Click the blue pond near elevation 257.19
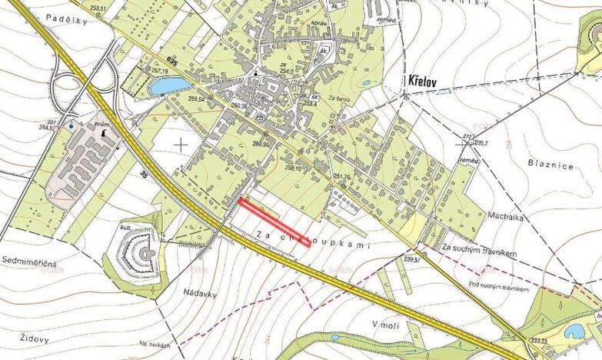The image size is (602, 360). [x=169, y=86]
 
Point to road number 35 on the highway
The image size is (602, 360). [x=144, y=175]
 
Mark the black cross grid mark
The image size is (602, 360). [x=181, y=143]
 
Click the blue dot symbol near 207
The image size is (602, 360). [x=72, y=125]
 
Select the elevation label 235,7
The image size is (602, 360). [x=482, y=142]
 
